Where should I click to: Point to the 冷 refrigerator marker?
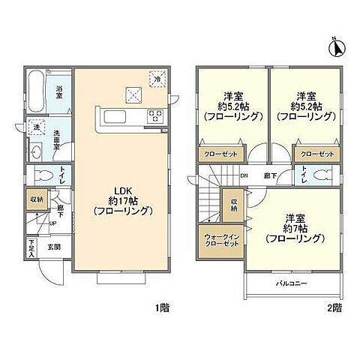157,77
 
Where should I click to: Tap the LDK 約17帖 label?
124,200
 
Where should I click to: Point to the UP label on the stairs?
52,223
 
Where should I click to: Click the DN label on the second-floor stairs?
243,177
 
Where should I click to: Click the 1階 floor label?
163,308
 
